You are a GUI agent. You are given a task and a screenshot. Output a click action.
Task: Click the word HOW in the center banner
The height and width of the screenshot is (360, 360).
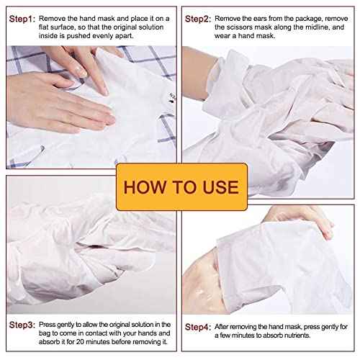[x=143, y=187]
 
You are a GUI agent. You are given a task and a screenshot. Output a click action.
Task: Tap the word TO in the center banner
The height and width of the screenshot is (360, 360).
[x=179, y=187]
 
